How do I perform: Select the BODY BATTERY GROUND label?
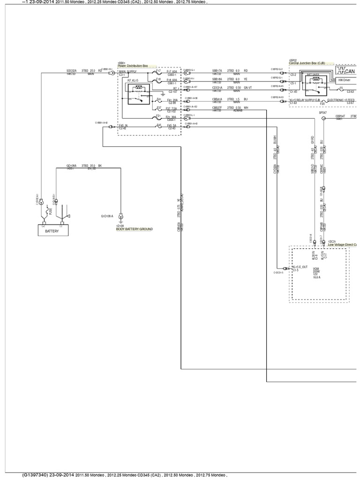click(x=135, y=229)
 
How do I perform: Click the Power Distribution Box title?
click(x=133, y=66)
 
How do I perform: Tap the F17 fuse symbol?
click(x=159, y=73)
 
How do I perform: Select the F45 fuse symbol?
click(x=159, y=127)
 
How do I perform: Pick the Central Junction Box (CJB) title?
click(x=307, y=63)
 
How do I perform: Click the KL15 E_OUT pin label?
click(x=300, y=267)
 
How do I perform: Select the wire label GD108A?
click(x=71, y=165)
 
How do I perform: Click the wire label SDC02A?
click(x=72, y=71)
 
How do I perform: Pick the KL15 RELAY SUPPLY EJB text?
click(x=305, y=100)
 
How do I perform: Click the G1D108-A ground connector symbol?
click(x=120, y=216)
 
